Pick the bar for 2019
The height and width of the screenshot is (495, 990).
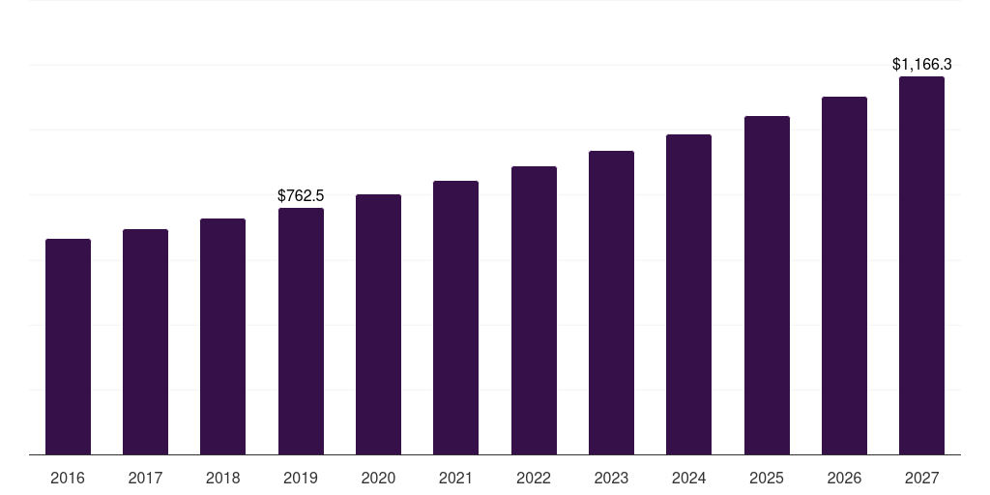click(301, 331)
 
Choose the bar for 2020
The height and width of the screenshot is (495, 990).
click(378, 324)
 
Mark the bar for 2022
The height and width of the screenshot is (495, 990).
click(534, 310)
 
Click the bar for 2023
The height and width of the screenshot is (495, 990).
click(611, 303)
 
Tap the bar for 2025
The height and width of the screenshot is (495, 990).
click(767, 285)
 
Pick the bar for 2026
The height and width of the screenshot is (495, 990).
click(844, 276)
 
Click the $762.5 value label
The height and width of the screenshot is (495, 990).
click(301, 196)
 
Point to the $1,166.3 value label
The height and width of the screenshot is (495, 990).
click(921, 65)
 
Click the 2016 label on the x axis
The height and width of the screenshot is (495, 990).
click(68, 478)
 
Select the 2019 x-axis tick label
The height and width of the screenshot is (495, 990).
click(301, 478)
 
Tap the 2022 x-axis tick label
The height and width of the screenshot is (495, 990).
click(534, 478)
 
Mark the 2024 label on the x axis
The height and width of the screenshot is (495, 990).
click(688, 478)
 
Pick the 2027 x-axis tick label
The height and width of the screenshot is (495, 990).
click(921, 478)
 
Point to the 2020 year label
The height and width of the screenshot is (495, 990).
click(378, 478)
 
